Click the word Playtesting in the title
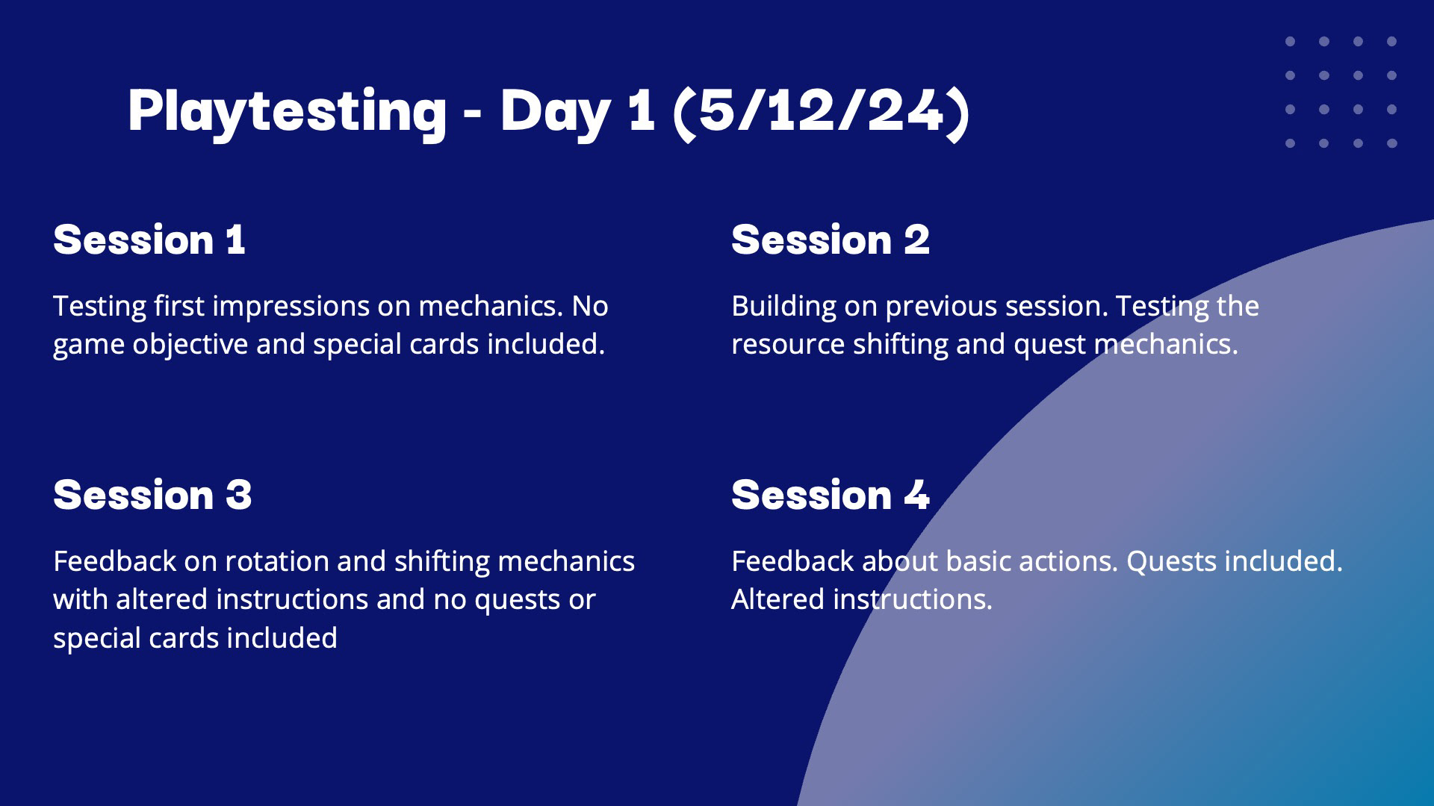click(288, 113)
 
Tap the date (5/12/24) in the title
click(822, 113)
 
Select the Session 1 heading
click(149, 240)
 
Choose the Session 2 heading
click(831, 240)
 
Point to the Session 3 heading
click(152, 496)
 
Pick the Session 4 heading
click(831, 496)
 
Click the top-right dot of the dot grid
click(1391, 42)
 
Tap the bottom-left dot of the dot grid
click(1290, 143)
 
